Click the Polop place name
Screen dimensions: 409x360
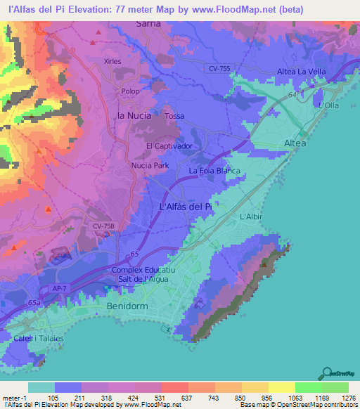pos(131,92)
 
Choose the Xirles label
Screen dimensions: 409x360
pos(112,61)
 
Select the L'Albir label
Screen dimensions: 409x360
pos(251,217)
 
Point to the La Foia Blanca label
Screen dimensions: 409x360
pos(214,171)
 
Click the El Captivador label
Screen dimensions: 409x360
pos(169,146)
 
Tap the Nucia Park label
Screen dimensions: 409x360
pos(150,166)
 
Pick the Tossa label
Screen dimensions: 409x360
pos(174,116)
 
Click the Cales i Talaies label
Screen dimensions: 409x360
pos(39,338)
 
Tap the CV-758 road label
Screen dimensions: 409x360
pos(103,226)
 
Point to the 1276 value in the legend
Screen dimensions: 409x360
pos(347,397)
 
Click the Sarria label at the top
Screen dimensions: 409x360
pos(148,23)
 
